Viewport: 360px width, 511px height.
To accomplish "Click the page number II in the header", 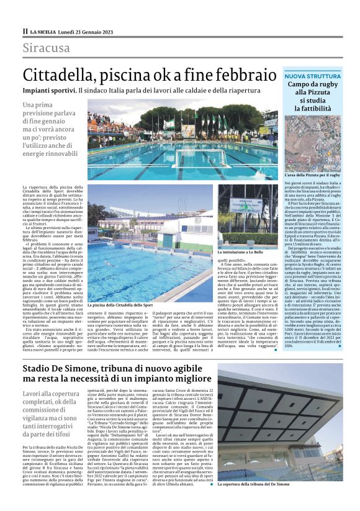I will click(25, 31).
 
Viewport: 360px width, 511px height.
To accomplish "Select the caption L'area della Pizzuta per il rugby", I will click(312, 176).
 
